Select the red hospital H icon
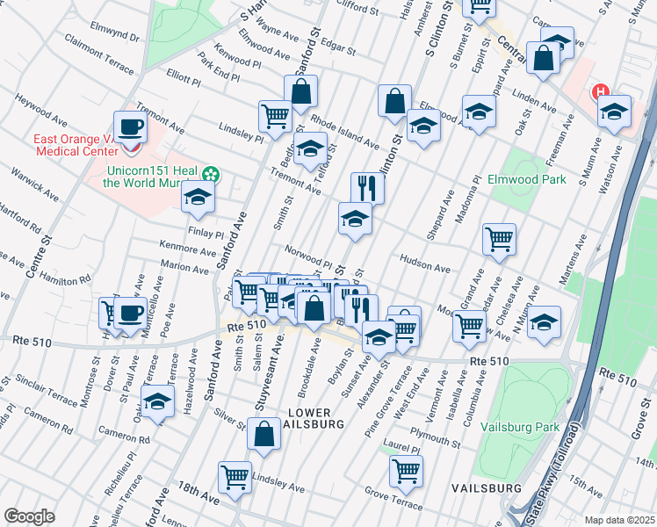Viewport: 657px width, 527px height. pyautogui.click(x=601, y=91)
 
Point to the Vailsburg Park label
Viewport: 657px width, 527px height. pyautogui.click(x=520, y=428)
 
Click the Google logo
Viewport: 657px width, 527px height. pyautogui.click(x=29, y=516)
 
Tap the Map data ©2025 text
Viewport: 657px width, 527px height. pyautogui.click(x=620, y=520)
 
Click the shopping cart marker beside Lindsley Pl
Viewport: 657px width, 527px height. pyautogui.click(x=275, y=116)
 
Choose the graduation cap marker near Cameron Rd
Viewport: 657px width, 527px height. pyautogui.click(x=157, y=403)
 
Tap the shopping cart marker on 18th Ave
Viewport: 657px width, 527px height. pyautogui.click(x=235, y=479)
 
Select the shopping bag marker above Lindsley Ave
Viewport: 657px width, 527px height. pyautogui.click(x=264, y=434)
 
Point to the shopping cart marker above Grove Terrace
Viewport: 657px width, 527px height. pyautogui.click(x=405, y=470)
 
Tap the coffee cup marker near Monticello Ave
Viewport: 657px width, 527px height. pyautogui.click(x=132, y=313)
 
